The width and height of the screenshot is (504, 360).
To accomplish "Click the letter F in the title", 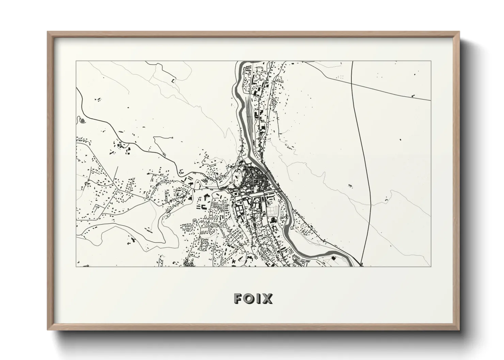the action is tap(238, 299).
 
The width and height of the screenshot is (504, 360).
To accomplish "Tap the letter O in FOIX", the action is tap(250, 299).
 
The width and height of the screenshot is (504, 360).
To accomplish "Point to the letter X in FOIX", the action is tap(268, 299).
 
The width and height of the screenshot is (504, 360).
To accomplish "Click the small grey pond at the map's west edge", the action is tap(82, 120).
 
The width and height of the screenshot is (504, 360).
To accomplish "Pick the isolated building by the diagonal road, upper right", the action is tap(413, 96).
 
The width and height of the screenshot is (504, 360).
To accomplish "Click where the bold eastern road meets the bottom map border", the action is tap(361, 266).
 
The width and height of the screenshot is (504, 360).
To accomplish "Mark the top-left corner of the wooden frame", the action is tap(47, 32).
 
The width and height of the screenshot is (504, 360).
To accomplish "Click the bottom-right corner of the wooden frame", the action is tap(459, 330).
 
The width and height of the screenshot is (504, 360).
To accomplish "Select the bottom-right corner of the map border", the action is tap(431, 266).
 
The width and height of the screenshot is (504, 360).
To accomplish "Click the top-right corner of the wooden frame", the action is tap(459, 32).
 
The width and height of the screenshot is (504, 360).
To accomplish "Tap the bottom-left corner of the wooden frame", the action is tap(47, 330).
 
